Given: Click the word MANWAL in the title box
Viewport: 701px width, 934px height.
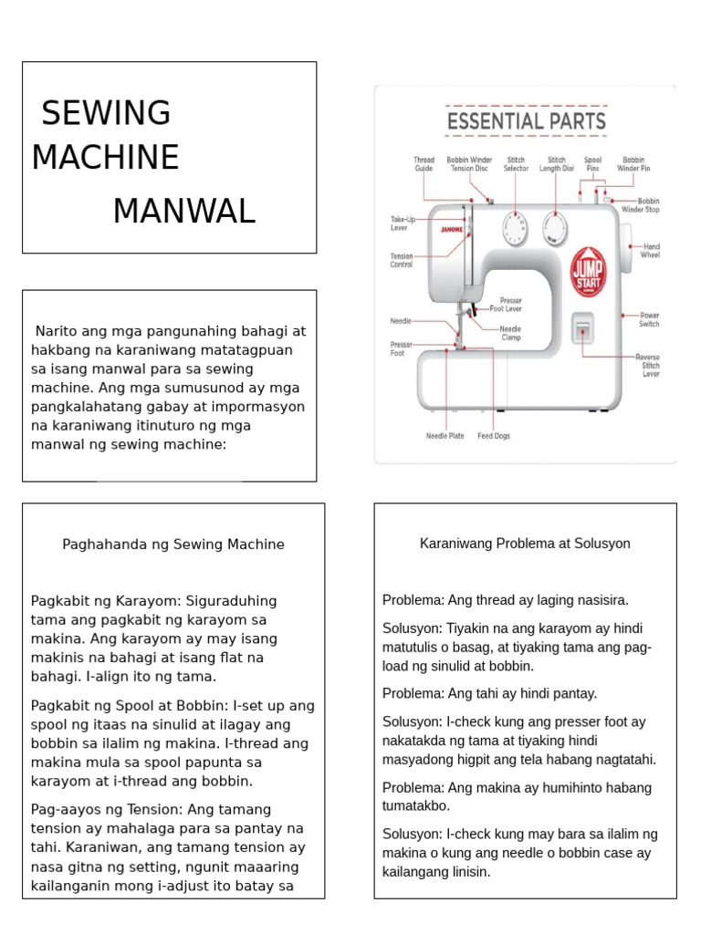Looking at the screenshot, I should coord(183,211).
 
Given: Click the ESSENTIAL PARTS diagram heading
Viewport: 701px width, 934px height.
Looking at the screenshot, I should coord(525,120).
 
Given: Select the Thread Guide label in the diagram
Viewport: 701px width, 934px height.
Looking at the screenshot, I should coord(424,164).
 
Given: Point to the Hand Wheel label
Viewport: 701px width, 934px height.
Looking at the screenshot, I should coord(650,251).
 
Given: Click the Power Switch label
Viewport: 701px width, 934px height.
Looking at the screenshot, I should coord(649,319).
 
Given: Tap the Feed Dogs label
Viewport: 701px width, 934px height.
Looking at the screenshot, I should coord(494,436).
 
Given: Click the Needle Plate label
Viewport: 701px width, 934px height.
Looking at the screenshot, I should coord(445,436).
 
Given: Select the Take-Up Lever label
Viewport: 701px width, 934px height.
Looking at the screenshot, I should coord(403,223).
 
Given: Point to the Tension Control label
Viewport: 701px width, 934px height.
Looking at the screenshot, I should coord(402,261).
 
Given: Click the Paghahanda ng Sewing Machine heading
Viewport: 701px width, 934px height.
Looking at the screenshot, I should coord(173,545).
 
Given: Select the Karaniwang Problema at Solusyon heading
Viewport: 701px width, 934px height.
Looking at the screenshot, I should coord(525,544).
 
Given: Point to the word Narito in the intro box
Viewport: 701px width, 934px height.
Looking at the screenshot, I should coord(57,331).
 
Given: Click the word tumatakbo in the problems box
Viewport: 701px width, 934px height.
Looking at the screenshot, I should coord(417,806).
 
